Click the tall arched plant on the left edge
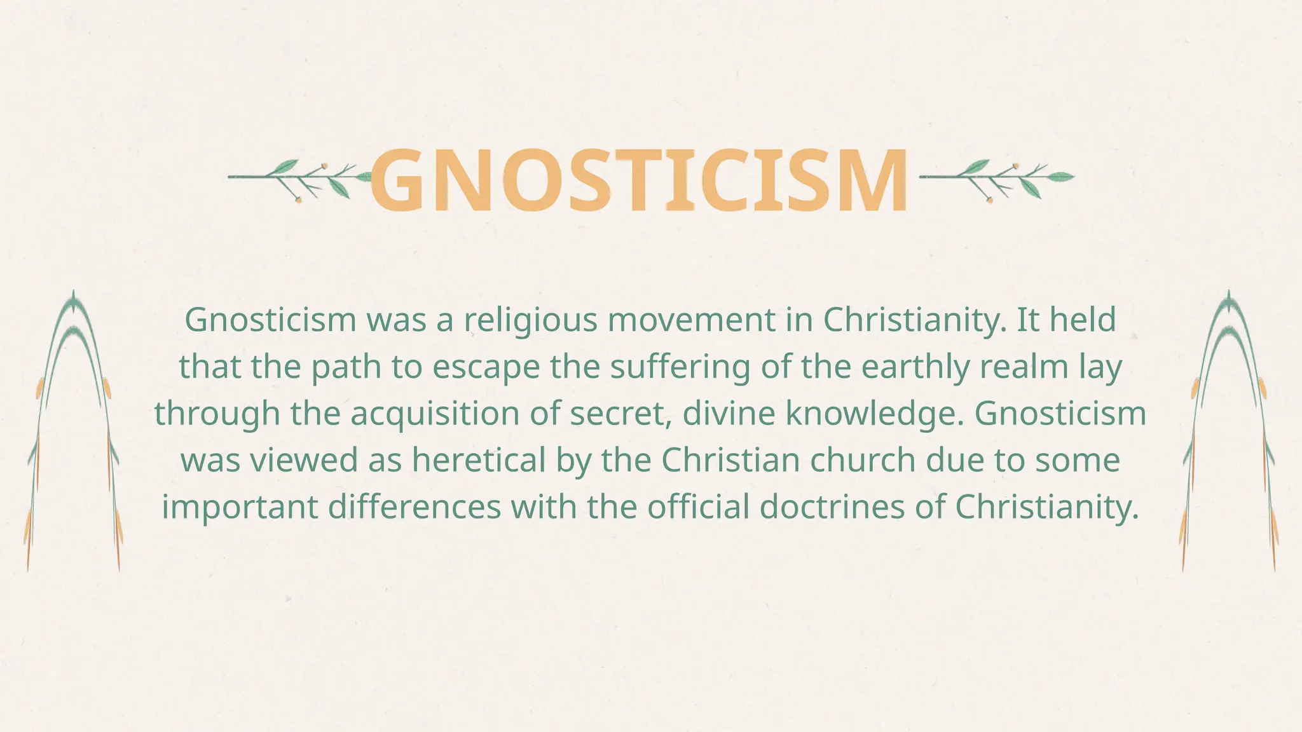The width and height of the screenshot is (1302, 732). (x=73, y=432)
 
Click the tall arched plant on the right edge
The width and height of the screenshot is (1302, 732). (x=1228, y=432)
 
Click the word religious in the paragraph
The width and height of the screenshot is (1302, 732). (x=530, y=320)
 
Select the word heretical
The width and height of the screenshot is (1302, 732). (x=479, y=460)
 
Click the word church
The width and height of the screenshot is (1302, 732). (x=852, y=460)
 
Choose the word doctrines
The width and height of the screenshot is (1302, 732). (x=832, y=507)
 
